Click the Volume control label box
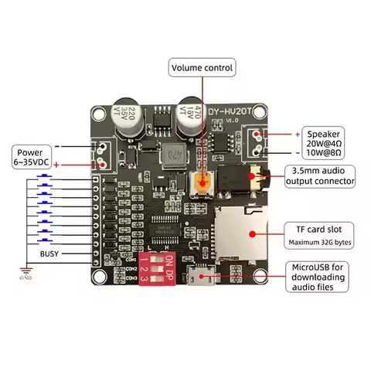click(x=203, y=67)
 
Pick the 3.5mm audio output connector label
click(x=320, y=175)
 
